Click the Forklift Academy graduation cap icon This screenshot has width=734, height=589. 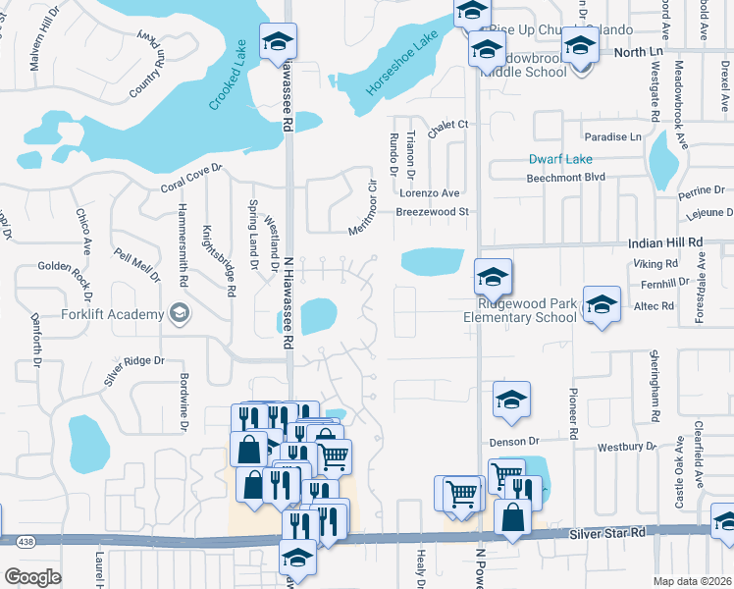tap(178, 313)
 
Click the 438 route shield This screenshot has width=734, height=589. tap(26, 541)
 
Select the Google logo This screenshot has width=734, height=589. tap(32, 577)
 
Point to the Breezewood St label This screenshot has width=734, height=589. tap(434, 212)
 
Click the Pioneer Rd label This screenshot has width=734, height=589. tap(572, 411)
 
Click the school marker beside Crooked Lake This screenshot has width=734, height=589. tap(278, 41)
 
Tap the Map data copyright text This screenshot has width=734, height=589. tap(692, 581)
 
